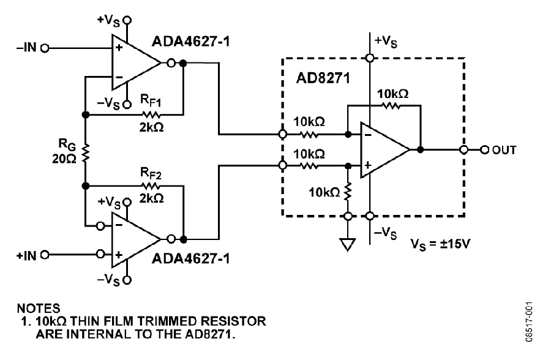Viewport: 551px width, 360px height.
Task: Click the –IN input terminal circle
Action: pyautogui.click(x=45, y=48)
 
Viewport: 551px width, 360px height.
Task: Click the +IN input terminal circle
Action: pyautogui.click(x=45, y=255)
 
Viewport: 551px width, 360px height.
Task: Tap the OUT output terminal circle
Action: pyautogui.click(x=485, y=150)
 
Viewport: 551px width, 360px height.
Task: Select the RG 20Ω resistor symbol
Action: pyautogui.click(x=85, y=152)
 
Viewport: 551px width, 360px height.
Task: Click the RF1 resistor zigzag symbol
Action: pyautogui.click(x=151, y=114)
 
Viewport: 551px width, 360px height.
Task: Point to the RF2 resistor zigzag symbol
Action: pyautogui.click(x=151, y=186)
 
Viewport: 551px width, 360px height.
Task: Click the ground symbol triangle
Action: pyautogui.click(x=348, y=244)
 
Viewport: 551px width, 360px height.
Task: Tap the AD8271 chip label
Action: pyautogui.click(x=323, y=78)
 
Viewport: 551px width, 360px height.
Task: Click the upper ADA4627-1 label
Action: pyautogui.click(x=190, y=42)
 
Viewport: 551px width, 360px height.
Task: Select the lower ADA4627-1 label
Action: pyautogui.click(x=190, y=259)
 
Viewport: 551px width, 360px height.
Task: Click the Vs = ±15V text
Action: pyautogui.click(x=440, y=244)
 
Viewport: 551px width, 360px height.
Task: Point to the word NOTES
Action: pyautogui.click(x=39, y=309)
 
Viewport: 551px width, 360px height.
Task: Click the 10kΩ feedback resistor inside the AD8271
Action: pyautogui.click(x=391, y=105)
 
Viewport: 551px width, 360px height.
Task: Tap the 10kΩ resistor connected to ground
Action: pyautogui.click(x=348, y=192)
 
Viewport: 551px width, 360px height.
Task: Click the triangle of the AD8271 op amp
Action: pyautogui.click(x=385, y=150)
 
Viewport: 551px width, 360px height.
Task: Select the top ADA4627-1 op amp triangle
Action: pyautogui.click(x=136, y=62)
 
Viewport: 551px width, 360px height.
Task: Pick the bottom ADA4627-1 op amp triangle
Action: pyautogui.click(x=136, y=239)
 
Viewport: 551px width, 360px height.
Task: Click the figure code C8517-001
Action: pyautogui.click(x=529, y=321)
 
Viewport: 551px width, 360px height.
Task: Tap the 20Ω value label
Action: pyautogui.click(x=64, y=159)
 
